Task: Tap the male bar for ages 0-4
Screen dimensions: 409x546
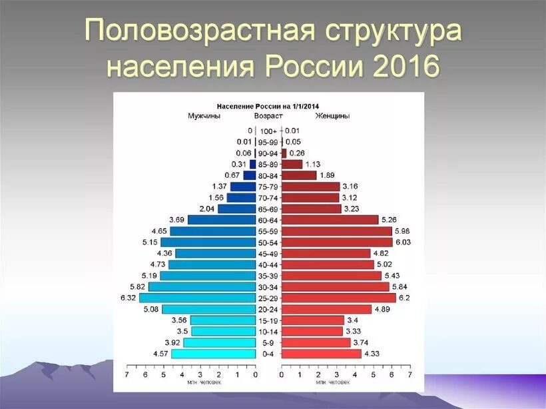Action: [x=213, y=354]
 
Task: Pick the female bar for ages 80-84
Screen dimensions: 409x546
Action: [x=299, y=175]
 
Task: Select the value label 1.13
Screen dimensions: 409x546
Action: [x=312, y=165]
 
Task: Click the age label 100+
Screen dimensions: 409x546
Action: [x=268, y=131]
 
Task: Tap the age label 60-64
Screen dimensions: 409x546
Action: [x=268, y=220]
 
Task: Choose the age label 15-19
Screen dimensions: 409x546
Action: [x=268, y=320]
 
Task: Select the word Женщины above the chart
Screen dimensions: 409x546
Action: [x=333, y=116]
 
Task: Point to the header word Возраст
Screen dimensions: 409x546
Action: [x=268, y=116]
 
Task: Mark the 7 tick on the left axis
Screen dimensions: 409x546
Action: [x=127, y=376]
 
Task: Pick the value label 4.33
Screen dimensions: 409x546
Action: [x=372, y=354]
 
